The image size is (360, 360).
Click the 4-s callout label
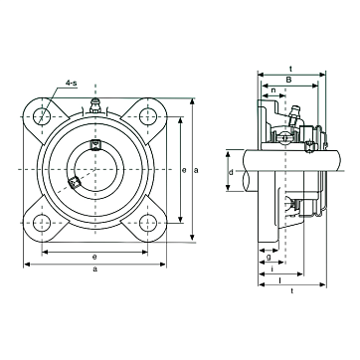point(72,83)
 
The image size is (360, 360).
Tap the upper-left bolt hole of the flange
point(42,116)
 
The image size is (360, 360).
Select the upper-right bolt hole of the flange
point(148,116)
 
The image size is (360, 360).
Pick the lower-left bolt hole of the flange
point(42,223)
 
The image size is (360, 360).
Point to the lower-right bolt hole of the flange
point(148,223)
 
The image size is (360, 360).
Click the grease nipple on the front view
point(95,105)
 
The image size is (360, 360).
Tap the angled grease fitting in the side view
point(293,115)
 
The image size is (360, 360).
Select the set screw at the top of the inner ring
point(95,144)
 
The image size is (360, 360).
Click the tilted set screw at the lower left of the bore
point(74,182)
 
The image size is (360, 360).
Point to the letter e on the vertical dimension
point(184,170)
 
